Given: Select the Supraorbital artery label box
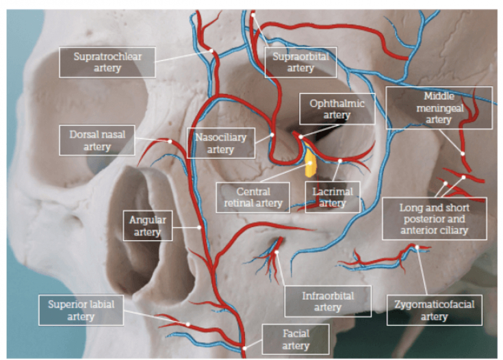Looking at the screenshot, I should [300, 62].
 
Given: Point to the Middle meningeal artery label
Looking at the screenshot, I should [439, 107].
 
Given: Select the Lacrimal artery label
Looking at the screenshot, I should [333, 197].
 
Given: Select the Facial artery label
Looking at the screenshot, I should [296, 339].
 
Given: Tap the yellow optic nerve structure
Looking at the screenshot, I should [310, 164].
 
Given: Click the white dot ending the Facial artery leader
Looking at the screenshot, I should [244, 348].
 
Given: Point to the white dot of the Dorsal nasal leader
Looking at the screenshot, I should [170, 141].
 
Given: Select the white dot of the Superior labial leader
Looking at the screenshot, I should [187, 323].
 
